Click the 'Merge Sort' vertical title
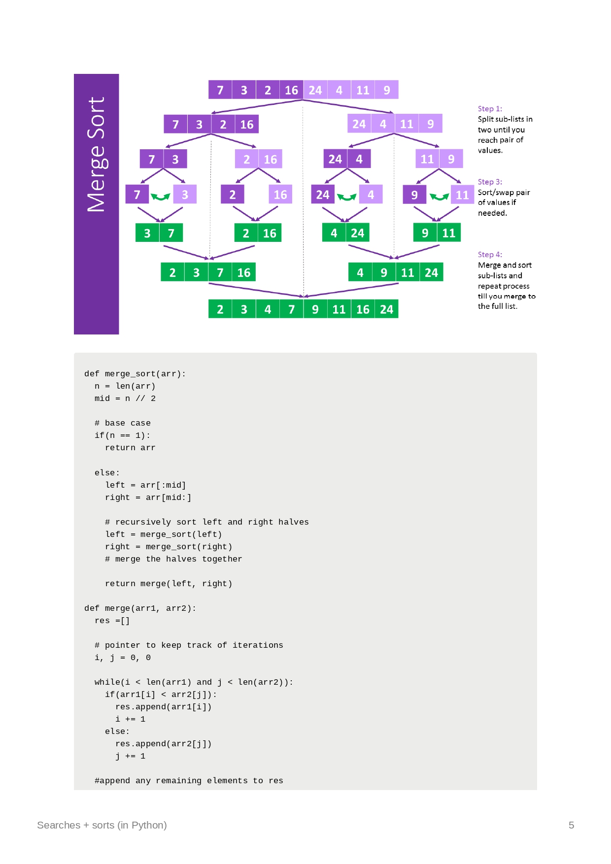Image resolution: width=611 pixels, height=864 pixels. [x=96, y=154]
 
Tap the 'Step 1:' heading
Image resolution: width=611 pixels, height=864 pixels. [x=490, y=109]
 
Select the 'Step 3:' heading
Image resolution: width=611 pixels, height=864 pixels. [x=490, y=182]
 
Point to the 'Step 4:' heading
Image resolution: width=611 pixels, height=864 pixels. [x=490, y=255]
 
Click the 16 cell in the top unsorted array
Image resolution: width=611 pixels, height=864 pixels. [x=291, y=90]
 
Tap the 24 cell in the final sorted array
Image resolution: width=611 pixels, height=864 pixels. [x=386, y=309]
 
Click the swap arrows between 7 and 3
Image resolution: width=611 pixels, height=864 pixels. [x=160, y=197]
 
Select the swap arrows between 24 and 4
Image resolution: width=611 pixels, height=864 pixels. [x=346, y=197]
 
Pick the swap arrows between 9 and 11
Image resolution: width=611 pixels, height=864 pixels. [x=439, y=197]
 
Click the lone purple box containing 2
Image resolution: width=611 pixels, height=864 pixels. [x=233, y=195]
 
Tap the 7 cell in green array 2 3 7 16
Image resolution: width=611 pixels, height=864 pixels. [x=220, y=272]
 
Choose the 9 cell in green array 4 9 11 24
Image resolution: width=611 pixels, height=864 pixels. [x=383, y=272]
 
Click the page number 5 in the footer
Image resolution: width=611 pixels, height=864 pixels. [x=571, y=825]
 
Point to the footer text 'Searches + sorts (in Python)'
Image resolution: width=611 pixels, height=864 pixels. [x=102, y=825]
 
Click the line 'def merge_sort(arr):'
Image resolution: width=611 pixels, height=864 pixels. [x=135, y=374]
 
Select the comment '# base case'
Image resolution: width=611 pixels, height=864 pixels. [x=123, y=423]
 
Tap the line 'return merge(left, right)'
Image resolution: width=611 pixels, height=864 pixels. [x=169, y=584]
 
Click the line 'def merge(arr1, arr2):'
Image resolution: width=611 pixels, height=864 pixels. [x=140, y=608]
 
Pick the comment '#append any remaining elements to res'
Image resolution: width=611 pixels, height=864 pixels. [x=189, y=781]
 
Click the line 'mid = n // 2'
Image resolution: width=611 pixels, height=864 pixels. [x=125, y=399]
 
